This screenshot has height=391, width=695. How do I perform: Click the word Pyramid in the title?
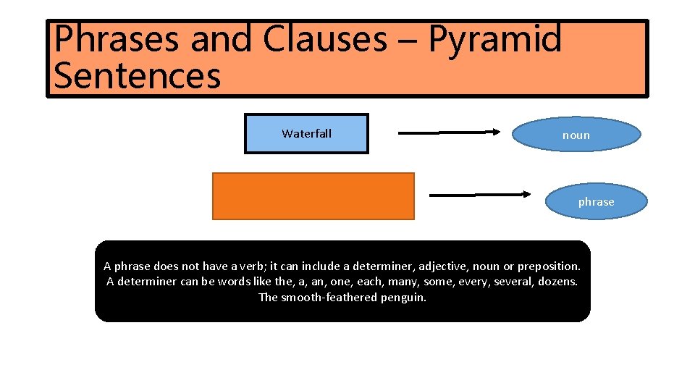point(494,40)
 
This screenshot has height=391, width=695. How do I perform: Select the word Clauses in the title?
point(324,40)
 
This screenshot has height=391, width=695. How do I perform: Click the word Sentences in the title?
point(137,76)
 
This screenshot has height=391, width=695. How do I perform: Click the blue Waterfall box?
point(306,134)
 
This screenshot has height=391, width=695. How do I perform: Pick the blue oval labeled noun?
point(576,135)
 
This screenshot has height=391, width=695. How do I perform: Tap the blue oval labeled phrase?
point(596,202)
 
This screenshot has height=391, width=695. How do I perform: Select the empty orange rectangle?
point(313,195)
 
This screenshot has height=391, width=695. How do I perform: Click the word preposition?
point(549,266)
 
